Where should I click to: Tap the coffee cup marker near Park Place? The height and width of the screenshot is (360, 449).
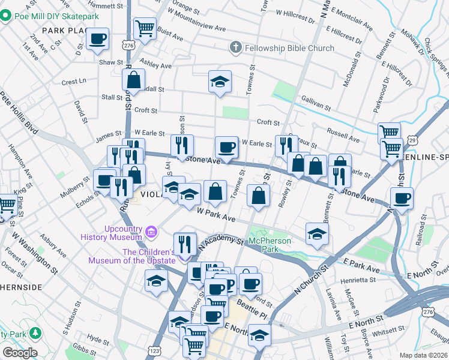97,40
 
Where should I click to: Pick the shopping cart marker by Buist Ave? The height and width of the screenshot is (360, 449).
145,28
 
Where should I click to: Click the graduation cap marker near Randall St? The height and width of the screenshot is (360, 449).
220,81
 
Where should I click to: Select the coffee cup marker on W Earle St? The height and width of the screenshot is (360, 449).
226,146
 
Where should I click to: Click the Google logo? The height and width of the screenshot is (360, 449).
20,353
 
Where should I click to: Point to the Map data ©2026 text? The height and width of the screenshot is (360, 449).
423,355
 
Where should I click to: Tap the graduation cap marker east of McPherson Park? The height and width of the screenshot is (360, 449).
317,234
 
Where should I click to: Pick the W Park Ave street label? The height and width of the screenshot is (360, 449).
215,215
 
